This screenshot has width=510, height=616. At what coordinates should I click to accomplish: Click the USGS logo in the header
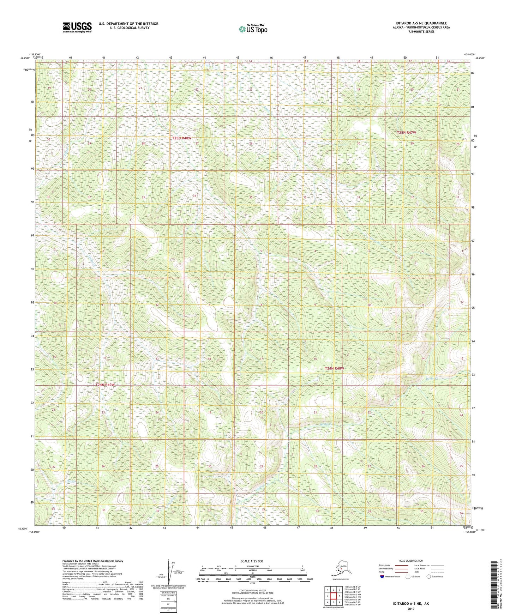tap(77, 27)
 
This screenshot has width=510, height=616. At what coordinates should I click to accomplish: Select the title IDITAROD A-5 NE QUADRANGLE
tap(416, 23)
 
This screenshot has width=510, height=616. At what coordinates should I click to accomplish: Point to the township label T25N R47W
tap(406, 133)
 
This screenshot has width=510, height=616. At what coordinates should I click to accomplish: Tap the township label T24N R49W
tap(105, 385)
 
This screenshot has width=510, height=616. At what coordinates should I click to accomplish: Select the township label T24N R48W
tap(334, 368)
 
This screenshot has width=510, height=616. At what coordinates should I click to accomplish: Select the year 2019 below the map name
tap(411, 609)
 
